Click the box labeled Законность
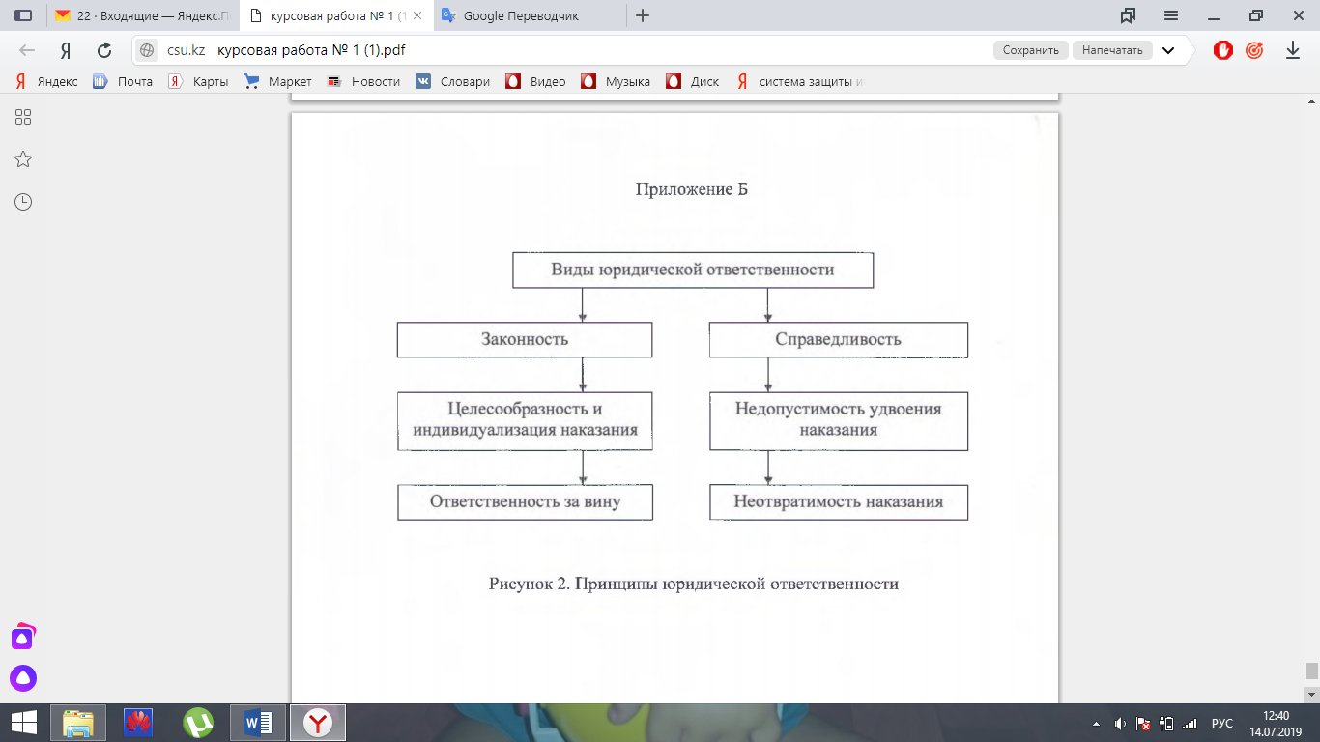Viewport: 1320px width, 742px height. [x=525, y=339]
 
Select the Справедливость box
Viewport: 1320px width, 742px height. [x=838, y=339]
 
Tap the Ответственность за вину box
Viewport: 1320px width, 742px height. [x=525, y=501]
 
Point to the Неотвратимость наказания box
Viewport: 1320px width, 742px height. [x=838, y=501]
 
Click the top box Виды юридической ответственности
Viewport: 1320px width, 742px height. [x=692, y=270]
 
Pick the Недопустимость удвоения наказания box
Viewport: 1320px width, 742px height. [x=838, y=419]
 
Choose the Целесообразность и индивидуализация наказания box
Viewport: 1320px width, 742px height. [x=525, y=419]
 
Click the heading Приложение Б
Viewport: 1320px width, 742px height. [x=691, y=189]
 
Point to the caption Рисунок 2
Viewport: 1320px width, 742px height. [x=693, y=584]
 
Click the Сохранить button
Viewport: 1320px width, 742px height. [x=1031, y=50]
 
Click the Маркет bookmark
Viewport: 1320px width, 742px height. [x=289, y=82]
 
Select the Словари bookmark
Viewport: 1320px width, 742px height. [x=465, y=82]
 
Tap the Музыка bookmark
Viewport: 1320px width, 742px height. [x=627, y=82]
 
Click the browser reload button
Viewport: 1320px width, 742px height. [x=104, y=50]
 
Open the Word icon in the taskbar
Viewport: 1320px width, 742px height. [x=258, y=722]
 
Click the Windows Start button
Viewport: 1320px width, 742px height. [x=23, y=722]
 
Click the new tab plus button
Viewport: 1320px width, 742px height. [x=643, y=15]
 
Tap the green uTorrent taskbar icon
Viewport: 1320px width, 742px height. [x=198, y=722]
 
